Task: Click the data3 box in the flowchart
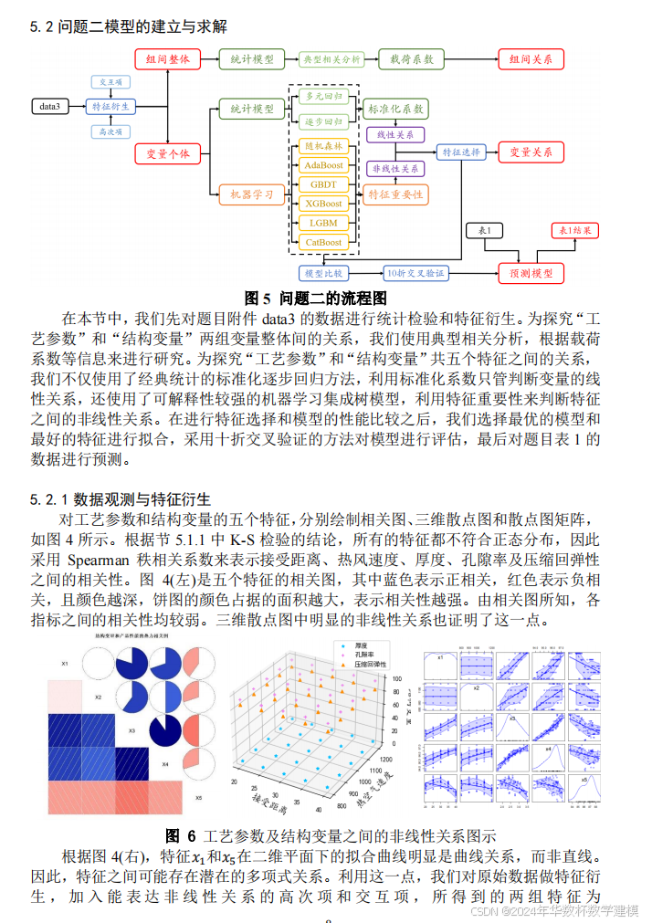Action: [49, 107]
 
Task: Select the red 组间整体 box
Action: [168, 60]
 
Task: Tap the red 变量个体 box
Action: [168, 154]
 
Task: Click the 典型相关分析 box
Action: [331, 60]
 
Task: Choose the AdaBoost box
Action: [324, 165]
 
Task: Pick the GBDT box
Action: [324, 184]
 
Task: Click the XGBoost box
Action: [324, 204]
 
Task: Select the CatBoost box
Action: [324, 242]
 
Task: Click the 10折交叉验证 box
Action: [415, 272]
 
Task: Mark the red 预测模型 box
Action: [531, 272]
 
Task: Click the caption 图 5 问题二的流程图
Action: [317, 298]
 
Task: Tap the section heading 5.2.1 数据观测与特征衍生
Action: [121, 499]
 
